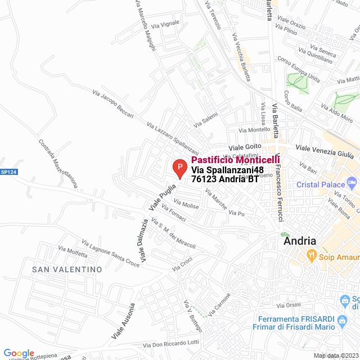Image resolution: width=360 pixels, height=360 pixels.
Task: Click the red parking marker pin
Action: (179, 168)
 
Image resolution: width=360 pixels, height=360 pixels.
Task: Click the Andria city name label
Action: (300, 241)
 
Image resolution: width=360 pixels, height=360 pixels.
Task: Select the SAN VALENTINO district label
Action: (67, 269)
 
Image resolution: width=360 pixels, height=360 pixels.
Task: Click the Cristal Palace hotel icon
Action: (352, 183)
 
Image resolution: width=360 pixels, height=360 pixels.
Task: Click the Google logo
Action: (18, 353)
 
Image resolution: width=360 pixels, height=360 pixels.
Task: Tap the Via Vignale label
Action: (166, 22)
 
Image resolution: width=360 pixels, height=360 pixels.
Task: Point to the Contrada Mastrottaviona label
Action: (58, 164)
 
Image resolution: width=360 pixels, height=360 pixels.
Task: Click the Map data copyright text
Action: (335, 355)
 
